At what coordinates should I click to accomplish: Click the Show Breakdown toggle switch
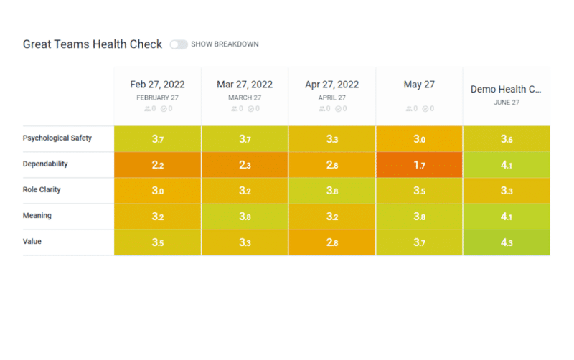(x=179, y=44)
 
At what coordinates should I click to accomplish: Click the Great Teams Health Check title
(x=93, y=44)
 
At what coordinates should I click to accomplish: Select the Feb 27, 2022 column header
(x=157, y=85)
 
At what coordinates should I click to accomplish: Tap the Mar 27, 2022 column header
(x=245, y=85)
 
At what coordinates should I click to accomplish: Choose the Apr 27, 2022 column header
(x=332, y=85)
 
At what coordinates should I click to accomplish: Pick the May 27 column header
(x=419, y=85)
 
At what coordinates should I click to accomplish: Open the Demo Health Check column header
(x=506, y=90)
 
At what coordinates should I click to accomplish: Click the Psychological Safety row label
(x=57, y=138)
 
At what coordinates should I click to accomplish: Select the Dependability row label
(x=45, y=164)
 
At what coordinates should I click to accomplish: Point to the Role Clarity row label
(x=44, y=189)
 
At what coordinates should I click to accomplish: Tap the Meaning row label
(x=37, y=215)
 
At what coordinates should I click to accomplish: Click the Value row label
(x=32, y=242)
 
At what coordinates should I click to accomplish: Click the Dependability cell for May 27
(x=419, y=165)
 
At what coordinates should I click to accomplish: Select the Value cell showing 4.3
(x=506, y=242)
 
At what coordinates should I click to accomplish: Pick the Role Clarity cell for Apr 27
(x=332, y=191)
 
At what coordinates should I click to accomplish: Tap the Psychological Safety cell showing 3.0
(x=419, y=139)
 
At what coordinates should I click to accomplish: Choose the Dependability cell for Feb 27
(x=157, y=165)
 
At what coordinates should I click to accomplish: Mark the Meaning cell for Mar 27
(x=245, y=217)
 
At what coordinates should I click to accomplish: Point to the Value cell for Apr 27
(x=332, y=242)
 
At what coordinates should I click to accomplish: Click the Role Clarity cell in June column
(x=506, y=191)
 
